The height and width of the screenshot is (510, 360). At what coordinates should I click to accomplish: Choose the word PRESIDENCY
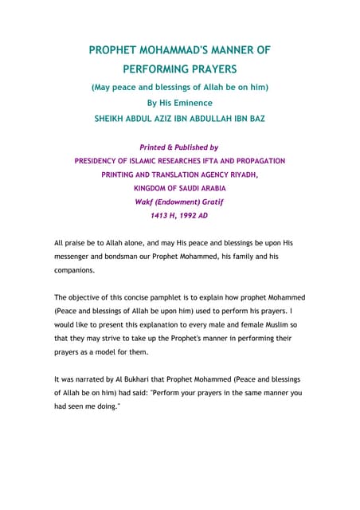(x=104, y=161)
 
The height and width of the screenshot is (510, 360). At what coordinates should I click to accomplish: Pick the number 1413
(x=162, y=215)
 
